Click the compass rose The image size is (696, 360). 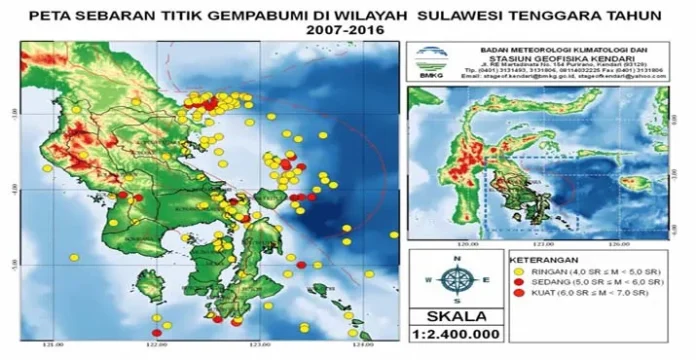455,279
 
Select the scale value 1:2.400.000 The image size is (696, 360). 455,337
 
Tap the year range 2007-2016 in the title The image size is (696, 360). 346,30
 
